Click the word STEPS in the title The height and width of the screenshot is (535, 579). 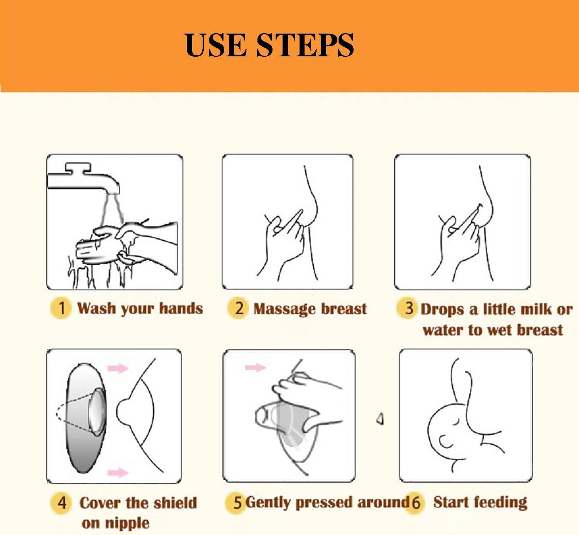click(x=305, y=45)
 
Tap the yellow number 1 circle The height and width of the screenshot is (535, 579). click(x=61, y=308)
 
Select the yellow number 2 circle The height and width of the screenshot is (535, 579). click(x=238, y=308)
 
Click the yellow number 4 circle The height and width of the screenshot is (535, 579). click(x=61, y=503)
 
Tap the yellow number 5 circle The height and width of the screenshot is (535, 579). click(x=235, y=502)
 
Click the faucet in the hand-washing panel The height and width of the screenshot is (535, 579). click(x=83, y=178)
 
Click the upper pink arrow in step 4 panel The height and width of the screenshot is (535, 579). click(x=118, y=368)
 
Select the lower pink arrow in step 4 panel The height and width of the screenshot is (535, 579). click(x=118, y=472)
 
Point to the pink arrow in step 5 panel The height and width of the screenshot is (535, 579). click(x=256, y=367)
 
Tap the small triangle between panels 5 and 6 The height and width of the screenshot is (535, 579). click(x=380, y=419)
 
